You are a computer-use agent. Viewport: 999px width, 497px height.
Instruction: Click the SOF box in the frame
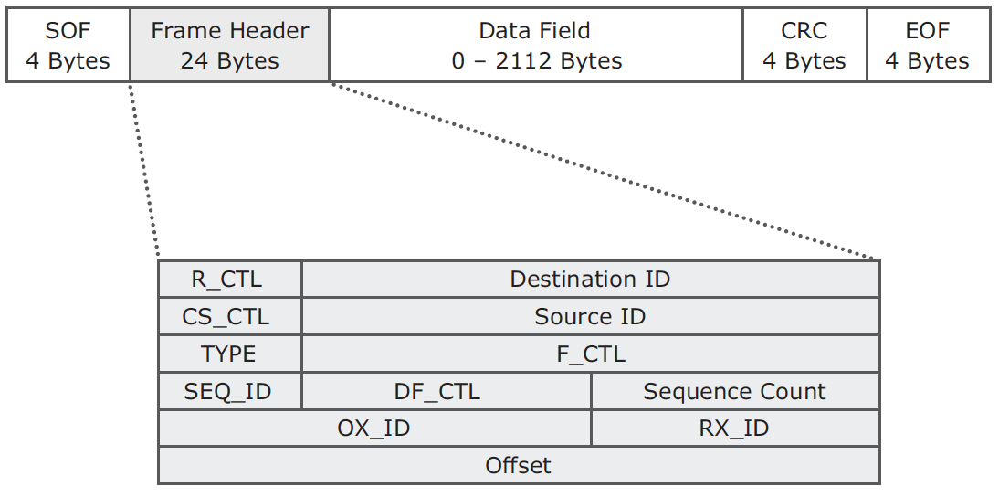68,46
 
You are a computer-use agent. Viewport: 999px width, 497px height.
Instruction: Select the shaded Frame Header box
230,46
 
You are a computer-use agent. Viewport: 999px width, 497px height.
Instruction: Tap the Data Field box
536,46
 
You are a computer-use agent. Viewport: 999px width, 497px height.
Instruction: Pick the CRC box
804,46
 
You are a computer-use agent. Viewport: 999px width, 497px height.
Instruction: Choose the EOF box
929,46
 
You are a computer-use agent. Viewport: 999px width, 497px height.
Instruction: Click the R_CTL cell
230,279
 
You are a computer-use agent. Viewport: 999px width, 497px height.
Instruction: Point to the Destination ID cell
591,279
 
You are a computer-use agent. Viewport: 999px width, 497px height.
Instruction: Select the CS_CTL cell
230,317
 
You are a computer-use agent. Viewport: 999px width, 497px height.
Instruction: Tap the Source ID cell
591,317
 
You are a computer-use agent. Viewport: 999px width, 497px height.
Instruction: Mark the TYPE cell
230,354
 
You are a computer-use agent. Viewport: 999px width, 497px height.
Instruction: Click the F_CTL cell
591,354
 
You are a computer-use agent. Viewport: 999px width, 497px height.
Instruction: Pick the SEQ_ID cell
230,391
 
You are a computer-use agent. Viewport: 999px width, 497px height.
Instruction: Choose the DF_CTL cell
447,391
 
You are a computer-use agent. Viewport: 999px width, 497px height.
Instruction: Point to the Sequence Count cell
735,391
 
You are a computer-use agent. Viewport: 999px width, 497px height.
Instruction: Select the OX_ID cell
374,428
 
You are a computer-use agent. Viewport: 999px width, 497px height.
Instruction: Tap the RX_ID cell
735,428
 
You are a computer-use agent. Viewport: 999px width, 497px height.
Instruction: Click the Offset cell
520,465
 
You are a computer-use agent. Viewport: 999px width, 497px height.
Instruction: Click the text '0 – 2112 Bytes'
536,61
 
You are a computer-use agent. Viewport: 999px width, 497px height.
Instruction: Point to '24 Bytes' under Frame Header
230,61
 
